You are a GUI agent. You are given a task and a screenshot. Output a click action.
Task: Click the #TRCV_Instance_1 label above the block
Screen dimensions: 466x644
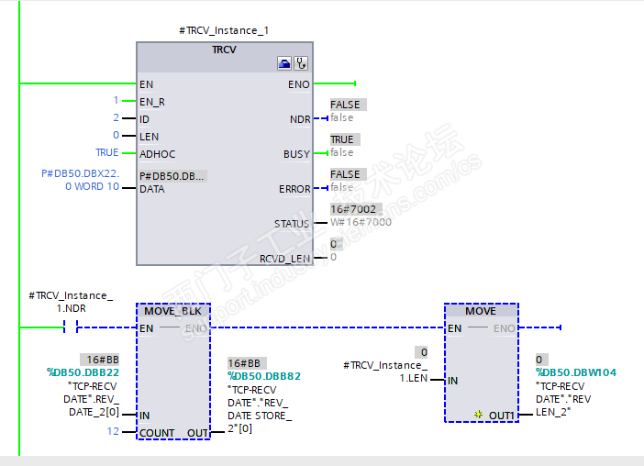(x=224, y=30)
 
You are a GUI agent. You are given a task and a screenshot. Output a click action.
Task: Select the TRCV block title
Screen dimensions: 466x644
(x=224, y=50)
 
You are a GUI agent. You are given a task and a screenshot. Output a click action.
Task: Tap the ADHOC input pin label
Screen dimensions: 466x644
(x=159, y=153)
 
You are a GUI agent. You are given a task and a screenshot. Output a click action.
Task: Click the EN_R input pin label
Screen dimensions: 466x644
(x=152, y=101)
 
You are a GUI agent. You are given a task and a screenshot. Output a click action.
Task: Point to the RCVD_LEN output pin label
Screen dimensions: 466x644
(x=284, y=259)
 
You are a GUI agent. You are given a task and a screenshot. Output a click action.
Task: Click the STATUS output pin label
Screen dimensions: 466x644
(x=292, y=224)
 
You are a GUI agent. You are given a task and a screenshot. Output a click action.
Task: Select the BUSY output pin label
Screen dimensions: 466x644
(x=296, y=154)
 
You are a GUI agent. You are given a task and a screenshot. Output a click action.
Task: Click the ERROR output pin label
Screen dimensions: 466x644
(x=294, y=189)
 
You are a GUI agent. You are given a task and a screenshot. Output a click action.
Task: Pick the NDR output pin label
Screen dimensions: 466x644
(x=299, y=119)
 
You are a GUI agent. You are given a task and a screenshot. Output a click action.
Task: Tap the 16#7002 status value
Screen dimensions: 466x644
(x=347, y=209)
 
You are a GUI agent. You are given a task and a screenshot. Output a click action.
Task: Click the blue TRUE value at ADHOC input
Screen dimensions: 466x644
(x=107, y=153)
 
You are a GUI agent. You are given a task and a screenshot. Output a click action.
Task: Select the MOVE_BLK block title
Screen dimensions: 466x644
(x=172, y=311)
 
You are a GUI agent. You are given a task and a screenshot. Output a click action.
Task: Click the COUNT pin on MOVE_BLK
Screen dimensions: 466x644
(x=157, y=432)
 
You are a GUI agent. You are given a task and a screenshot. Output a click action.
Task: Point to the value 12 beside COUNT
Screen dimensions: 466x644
(x=113, y=431)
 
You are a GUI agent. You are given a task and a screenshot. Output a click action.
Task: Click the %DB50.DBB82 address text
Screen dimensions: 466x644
(x=264, y=376)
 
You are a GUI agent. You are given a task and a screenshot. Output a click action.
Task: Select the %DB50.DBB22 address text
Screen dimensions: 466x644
(x=83, y=372)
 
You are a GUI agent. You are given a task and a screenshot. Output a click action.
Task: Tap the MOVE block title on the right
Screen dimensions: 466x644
(x=480, y=311)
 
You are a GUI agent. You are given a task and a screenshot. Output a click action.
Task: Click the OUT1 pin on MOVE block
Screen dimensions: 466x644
(x=500, y=416)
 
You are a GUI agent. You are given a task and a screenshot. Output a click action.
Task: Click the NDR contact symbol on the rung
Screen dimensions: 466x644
(x=71, y=327)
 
